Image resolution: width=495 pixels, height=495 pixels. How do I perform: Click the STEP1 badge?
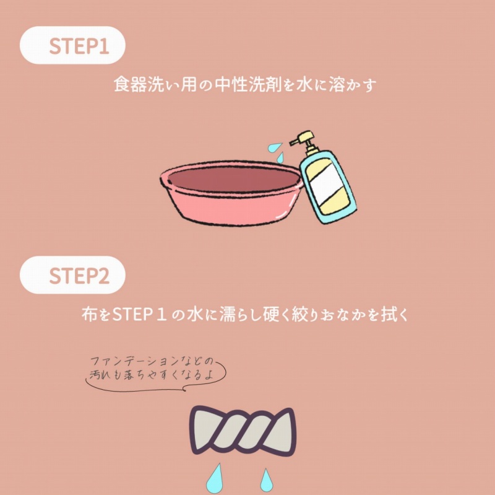[x=72, y=45]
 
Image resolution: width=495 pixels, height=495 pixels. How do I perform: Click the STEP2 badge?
[x=72, y=275]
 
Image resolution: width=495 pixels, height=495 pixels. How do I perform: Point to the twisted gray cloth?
[x=243, y=431]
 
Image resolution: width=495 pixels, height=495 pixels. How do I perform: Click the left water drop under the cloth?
[x=215, y=480]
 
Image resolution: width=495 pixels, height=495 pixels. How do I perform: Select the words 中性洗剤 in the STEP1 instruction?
[x=249, y=85]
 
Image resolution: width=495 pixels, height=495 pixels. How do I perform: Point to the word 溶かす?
[x=353, y=85]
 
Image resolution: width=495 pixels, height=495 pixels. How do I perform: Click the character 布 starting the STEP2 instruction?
[x=90, y=314]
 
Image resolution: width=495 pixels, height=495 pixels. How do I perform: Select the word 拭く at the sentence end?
[x=395, y=314]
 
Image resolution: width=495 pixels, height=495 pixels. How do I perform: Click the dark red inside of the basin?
[x=234, y=179]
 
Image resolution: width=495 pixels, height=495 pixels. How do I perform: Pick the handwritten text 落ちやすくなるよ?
[x=169, y=375]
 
